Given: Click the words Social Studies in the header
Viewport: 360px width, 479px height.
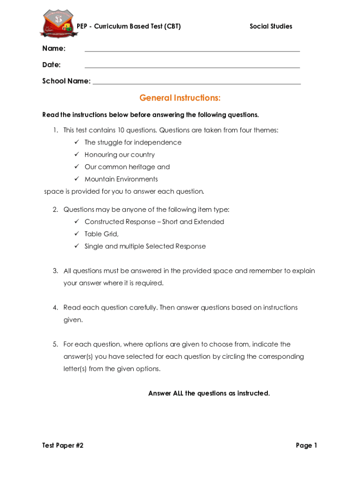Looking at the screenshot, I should click(x=271, y=26).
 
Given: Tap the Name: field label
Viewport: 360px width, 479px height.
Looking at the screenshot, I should click(x=54, y=49).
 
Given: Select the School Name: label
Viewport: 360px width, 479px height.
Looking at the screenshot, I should click(x=66, y=81).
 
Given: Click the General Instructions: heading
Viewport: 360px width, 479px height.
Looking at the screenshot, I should click(x=180, y=98).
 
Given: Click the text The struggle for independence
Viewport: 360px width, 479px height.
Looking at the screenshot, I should click(x=133, y=142).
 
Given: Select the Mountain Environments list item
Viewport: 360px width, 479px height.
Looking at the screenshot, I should click(x=121, y=179).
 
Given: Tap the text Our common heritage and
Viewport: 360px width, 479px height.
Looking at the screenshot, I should click(x=127, y=167).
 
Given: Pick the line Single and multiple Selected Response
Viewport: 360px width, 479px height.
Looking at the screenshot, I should click(x=145, y=246).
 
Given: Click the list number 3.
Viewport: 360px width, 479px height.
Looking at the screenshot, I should click(x=55, y=271).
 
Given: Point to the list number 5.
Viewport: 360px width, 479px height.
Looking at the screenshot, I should click(x=55, y=344).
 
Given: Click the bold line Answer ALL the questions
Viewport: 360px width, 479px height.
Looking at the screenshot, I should click(x=209, y=393).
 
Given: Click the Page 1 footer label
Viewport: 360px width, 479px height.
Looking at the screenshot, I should click(x=306, y=445).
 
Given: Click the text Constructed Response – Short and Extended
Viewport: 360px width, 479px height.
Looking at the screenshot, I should click(x=154, y=222).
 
